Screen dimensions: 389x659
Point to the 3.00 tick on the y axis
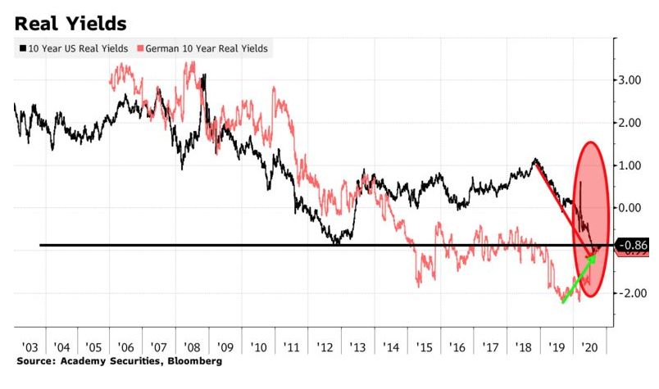(x=631, y=80)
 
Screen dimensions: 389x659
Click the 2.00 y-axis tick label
(x=631, y=123)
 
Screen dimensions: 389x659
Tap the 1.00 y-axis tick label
(x=631, y=165)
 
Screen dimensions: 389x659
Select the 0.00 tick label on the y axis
(x=631, y=208)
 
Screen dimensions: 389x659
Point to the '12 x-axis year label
(x=324, y=346)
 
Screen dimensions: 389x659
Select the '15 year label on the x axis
(x=424, y=346)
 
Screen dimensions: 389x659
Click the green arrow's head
(x=593, y=257)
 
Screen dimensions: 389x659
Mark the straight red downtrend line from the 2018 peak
(x=566, y=205)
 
